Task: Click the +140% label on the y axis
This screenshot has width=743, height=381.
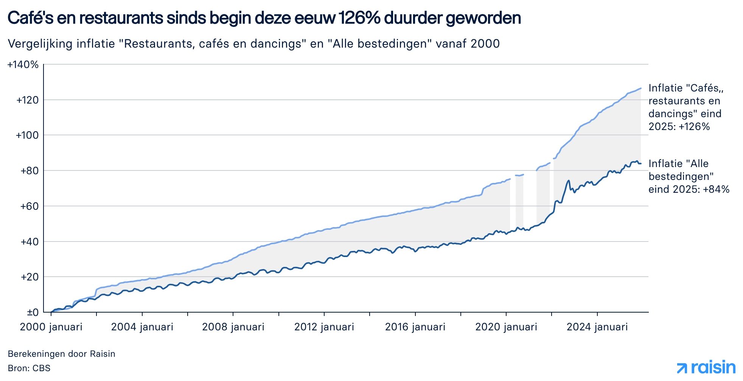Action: click(23, 65)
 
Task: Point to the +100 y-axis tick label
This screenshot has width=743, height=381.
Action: click(27, 135)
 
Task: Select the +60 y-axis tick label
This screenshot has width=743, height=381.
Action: click(30, 206)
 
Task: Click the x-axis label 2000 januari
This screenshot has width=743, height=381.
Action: click(51, 327)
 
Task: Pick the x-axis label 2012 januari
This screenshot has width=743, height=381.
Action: click(324, 327)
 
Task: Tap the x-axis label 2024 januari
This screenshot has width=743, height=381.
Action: click(597, 327)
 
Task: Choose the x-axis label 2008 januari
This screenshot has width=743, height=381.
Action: click(233, 327)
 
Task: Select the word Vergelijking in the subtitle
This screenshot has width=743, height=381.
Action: click(40, 44)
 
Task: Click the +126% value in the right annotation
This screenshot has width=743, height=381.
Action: click(694, 127)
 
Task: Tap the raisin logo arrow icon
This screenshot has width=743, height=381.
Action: click(682, 368)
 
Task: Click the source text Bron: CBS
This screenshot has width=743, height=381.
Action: click(29, 368)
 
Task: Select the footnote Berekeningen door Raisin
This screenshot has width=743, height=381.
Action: click(61, 354)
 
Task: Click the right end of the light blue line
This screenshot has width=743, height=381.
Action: click(640, 88)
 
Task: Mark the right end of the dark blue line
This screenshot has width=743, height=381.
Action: click(640, 163)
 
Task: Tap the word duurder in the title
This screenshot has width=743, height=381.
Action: click(414, 18)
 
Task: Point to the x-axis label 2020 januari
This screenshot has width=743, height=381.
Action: click(506, 327)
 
